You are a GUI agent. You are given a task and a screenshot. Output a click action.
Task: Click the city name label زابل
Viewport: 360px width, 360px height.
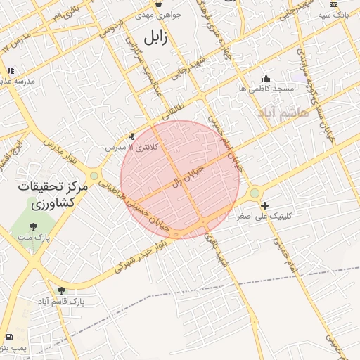click(155, 37)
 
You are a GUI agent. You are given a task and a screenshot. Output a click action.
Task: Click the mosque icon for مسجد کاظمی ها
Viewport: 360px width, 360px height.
click(266, 78)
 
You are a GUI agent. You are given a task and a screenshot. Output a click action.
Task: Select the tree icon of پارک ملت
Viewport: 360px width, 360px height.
click(33, 226)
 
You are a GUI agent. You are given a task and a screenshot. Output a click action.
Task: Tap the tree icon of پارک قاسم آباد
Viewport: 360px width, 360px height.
click(61, 290)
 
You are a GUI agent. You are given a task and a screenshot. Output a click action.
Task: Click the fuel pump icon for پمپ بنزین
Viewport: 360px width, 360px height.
click(8, 337)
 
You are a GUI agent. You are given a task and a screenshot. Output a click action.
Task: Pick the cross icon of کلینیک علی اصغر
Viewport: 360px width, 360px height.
click(264, 206)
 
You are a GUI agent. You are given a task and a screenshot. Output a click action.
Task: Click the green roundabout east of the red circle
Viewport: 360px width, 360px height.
click(254, 192)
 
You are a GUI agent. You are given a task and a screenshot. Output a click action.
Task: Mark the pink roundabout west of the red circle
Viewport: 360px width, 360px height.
click(94, 176)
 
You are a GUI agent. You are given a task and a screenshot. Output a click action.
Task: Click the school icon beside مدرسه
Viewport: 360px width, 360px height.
click(11, 70)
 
